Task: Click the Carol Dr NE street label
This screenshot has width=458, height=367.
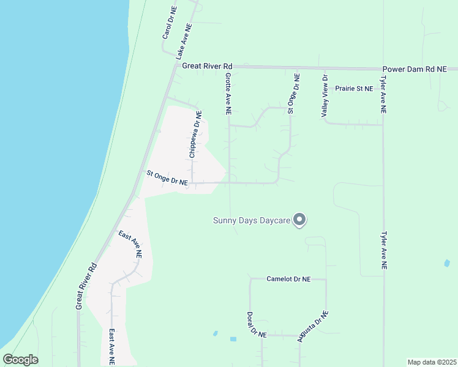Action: pos(169,23)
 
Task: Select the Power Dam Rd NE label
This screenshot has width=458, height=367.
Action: pos(415,70)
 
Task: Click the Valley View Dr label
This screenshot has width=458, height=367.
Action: pos(325,96)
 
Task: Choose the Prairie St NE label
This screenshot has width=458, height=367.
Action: pos(354,89)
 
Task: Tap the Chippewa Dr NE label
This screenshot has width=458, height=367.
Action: pos(195,135)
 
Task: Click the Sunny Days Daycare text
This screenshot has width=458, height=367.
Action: pos(250,220)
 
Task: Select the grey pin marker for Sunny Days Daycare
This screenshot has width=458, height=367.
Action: pos(299,219)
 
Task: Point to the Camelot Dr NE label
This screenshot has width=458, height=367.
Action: pos(288,279)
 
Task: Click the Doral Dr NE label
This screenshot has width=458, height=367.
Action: pos(257,325)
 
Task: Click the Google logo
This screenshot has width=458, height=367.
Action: pos(20,360)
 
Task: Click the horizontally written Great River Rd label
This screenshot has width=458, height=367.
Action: pos(208,65)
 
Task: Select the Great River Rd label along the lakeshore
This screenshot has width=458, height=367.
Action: pos(86,286)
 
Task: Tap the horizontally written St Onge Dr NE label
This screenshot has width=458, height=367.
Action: pos(167,177)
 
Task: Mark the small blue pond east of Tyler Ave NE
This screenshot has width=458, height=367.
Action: pos(446,264)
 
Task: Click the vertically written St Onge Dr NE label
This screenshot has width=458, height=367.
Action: pos(293,94)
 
